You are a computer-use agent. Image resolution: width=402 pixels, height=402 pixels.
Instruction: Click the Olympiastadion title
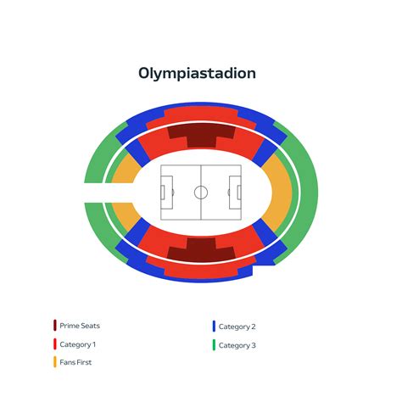(197, 74)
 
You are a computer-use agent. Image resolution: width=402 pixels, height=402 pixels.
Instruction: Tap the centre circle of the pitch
(201, 193)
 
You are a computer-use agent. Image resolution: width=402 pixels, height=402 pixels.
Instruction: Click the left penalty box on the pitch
(167, 193)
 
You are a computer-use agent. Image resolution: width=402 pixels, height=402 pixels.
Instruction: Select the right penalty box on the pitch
(235, 193)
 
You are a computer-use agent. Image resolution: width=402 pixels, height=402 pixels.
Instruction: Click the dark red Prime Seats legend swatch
(55, 326)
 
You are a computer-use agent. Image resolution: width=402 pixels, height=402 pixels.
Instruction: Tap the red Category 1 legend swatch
(55, 344)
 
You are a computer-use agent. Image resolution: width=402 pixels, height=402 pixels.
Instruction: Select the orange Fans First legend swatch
(55, 362)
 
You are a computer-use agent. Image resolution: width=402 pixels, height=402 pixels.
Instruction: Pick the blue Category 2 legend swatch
(214, 327)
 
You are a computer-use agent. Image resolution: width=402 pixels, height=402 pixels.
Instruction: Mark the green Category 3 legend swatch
(214, 345)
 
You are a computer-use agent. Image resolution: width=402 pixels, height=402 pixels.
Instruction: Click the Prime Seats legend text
(80, 326)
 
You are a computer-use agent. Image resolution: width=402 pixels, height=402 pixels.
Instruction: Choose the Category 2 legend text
(237, 327)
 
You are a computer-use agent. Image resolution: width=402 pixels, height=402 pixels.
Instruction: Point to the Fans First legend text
(75, 362)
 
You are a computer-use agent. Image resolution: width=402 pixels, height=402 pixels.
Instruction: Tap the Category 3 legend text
(237, 345)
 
